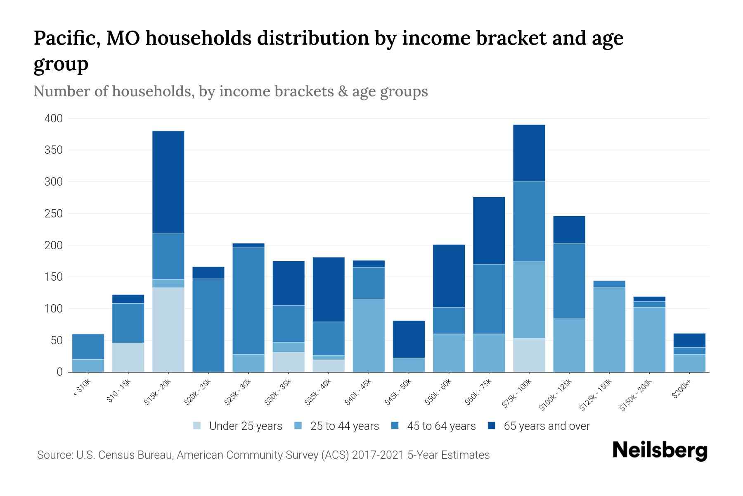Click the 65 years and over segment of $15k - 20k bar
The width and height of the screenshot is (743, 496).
[168, 182]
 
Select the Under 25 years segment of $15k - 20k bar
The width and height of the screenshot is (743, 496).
[168, 329]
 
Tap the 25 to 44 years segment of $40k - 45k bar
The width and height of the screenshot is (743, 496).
[369, 335]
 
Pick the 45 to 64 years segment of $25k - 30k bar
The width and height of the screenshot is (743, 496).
[248, 300]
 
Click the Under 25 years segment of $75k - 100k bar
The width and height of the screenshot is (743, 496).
[529, 355]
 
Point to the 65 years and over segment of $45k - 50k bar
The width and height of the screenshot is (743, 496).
[409, 339]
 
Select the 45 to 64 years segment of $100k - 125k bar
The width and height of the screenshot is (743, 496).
[569, 281]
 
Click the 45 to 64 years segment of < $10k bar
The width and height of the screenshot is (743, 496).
[88, 346]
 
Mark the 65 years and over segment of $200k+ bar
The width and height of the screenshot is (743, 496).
[689, 340]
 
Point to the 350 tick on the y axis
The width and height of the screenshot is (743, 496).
[54, 150]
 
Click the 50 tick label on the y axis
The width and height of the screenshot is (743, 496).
[57, 341]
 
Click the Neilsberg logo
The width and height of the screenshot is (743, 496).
[659, 451]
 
